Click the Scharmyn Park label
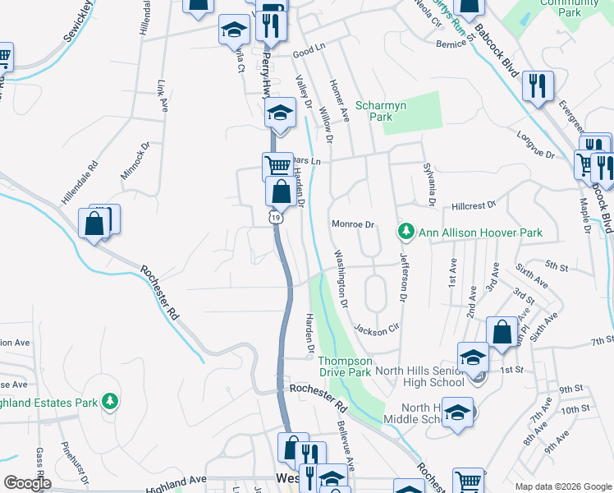(x=374, y=112)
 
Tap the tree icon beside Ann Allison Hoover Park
(x=405, y=233)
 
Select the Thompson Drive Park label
(x=345, y=366)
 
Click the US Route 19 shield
(x=277, y=217)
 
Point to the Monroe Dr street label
(x=353, y=224)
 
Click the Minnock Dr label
(x=135, y=160)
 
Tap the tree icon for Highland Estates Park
(x=108, y=402)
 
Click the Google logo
(x=27, y=483)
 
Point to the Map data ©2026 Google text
(x=563, y=486)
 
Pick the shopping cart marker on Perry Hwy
(x=277, y=167)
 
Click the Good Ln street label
(x=309, y=52)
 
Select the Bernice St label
(x=456, y=44)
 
